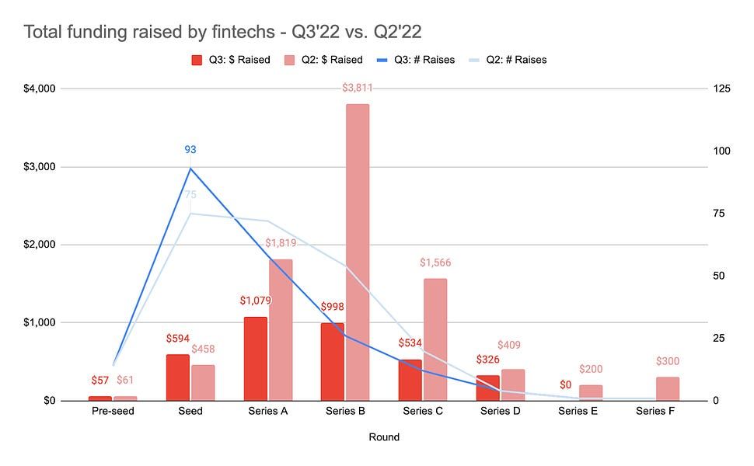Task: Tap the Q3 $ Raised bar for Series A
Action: (254, 359)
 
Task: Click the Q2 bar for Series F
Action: (668, 389)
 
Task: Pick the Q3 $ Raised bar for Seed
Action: (177, 377)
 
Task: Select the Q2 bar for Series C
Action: (435, 339)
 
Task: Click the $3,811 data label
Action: (358, 88)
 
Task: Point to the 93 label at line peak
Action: (190, 149)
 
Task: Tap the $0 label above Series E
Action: (565, 384)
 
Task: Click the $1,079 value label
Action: (254, 301)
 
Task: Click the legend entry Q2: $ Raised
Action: (326, 60)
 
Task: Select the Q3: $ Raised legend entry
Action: (234, 60)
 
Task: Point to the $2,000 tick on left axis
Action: (34, 245)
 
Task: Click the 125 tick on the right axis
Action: (721, 89)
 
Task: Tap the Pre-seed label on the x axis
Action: (113, 411)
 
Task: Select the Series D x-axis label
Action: (500, 411)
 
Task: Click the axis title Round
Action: (384, 437)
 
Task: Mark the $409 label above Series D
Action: (509, 345)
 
